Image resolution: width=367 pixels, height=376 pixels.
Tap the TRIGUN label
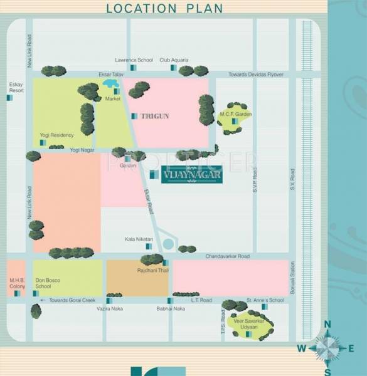(x=155, y=116)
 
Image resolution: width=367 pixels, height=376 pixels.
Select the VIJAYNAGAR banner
(x=191, y=175)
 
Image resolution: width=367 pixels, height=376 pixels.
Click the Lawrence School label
(x=134, y=60)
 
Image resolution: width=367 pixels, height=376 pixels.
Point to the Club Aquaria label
(x=173, y=60)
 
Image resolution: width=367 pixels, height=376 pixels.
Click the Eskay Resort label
(x=16, y=87)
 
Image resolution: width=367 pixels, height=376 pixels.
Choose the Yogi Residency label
(x=57, y=135)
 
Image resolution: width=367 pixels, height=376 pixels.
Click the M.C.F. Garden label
(x=235, y=114)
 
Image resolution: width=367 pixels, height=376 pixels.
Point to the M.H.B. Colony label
(x=16, y=282)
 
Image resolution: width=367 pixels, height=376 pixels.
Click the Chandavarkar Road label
(x=227, y=256)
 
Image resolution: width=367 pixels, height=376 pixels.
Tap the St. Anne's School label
(x=265, y=300)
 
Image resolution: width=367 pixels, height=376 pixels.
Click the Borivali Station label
(x=292, y=279)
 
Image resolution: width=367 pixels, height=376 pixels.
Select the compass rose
(x=326, y=347)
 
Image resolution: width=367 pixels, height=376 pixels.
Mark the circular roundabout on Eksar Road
(x=168, y=244)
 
